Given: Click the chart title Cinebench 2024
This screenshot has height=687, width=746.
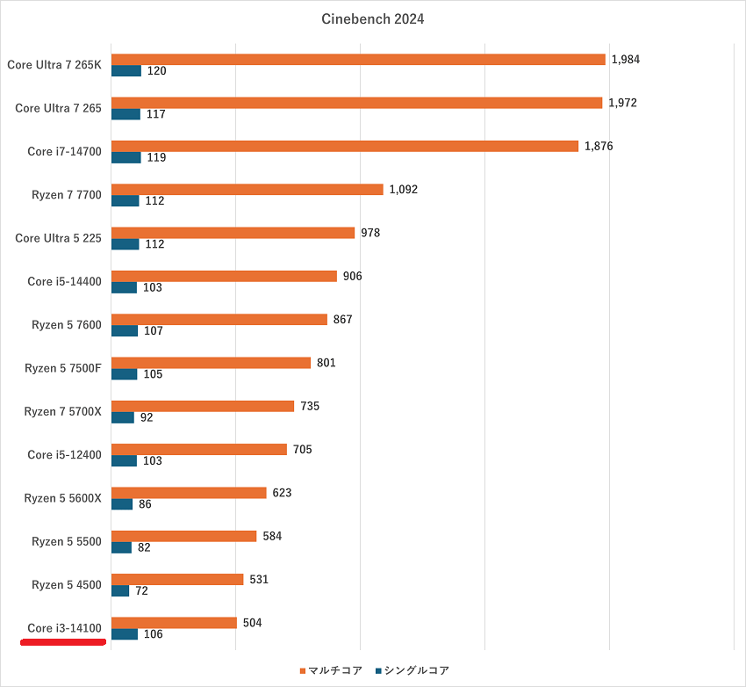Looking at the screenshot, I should (372, 19).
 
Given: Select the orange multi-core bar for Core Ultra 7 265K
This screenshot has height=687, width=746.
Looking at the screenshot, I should (358, 60).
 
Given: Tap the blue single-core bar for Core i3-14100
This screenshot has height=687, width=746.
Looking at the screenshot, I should (125, 634).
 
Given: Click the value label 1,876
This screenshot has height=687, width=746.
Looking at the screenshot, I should (599, 146).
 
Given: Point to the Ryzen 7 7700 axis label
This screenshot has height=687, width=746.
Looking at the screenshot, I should (67, 195).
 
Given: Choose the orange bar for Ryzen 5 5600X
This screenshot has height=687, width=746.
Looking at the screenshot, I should (189, 493).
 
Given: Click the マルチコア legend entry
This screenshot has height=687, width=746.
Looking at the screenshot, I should (331, 670).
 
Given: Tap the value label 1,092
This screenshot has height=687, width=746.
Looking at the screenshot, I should (404, 189).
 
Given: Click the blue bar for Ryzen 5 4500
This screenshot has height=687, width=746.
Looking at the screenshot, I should (120, 591).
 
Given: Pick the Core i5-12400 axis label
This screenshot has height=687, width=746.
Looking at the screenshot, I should (65, 455).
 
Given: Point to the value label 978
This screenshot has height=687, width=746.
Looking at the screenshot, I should (371, 232).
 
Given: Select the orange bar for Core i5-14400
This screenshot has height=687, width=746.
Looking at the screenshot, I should (224, 276).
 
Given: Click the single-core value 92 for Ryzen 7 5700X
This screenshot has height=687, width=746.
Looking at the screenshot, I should (147, 417).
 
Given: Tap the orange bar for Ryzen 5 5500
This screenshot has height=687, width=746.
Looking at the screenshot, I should (183, 536).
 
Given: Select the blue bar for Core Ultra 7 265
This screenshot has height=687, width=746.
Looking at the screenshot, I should (126, 114).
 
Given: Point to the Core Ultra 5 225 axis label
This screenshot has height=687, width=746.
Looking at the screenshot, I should (59, 238).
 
